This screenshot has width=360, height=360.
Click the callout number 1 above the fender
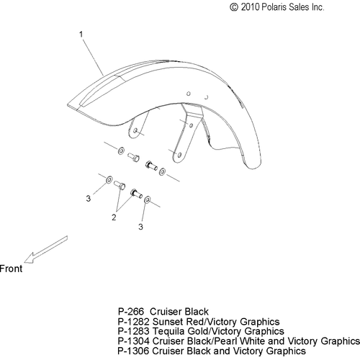81,35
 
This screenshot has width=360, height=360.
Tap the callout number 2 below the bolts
114,217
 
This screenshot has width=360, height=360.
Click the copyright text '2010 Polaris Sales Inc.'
282,7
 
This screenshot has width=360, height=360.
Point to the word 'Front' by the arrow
11,269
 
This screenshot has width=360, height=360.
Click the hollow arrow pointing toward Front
45,250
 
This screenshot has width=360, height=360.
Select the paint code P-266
131,312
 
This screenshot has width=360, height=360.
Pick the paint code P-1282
133,322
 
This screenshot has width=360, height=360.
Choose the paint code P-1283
133,331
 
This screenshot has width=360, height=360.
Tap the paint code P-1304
133,341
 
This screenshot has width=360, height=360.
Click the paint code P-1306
133,351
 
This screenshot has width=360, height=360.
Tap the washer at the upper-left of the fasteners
121,150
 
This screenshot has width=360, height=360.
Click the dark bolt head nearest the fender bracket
148,164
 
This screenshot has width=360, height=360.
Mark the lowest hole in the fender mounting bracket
179,155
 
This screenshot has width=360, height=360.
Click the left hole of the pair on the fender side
189,94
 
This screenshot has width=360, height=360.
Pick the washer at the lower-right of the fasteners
147,199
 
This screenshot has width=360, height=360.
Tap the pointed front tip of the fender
67,105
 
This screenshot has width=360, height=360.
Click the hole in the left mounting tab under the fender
135,130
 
